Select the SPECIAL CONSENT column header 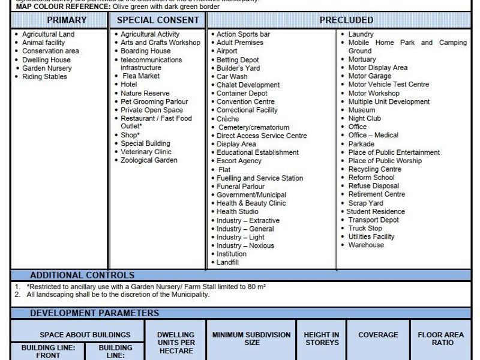point(158,20)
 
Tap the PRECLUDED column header point(346,20)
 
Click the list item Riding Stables point(44,77)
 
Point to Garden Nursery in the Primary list point(47,68)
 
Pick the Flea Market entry point(141,76)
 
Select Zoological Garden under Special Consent point(149,160)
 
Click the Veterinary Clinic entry point(146,152)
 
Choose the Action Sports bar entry point(243,34)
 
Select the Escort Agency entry point(239,161)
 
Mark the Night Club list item point(364,118)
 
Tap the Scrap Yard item point(365,203)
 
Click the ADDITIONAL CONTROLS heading point(82,275)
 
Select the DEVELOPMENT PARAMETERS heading point(94,313)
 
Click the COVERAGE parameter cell point(378,335)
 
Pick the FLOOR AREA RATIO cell point(445,338)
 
